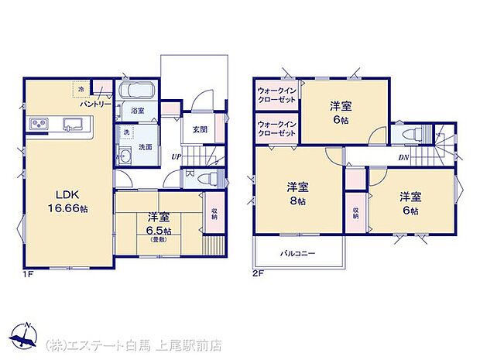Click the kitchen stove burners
tap(39, 124)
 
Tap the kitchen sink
tap(75, 124)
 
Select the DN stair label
tap(403, 157)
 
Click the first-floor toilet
tap(204, 179)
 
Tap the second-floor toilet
tap(410, 132)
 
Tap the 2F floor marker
tap(258, 273)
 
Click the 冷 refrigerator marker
tap(81, 89)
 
